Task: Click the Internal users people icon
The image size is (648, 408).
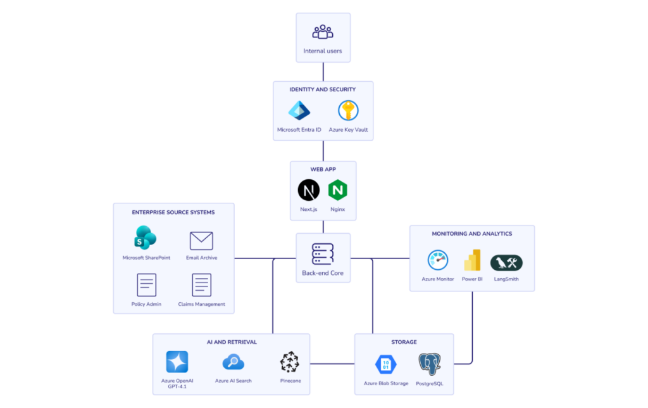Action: tap(323, 32)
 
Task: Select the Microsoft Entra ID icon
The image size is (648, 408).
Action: tap(299, 111)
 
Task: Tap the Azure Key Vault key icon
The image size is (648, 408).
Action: tap(348, 111)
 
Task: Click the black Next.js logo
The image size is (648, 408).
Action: tap(309, 190)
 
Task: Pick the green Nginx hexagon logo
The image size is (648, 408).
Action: tap(338, 190)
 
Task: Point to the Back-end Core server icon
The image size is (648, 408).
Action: tap(323, 253)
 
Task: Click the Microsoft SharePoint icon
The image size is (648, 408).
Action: tap(146, 239)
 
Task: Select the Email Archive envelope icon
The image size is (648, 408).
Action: tap(201, 241)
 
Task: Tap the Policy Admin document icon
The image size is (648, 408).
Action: tap(146, 285)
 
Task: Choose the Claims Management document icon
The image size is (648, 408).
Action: tap(201, 285)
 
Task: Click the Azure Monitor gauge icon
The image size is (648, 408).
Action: tap(438, 260)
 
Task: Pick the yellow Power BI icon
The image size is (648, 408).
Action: tap(472, 260)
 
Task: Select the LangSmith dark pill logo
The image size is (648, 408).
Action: tap(506, 262)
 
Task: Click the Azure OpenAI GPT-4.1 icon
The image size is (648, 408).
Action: tap(177, 362)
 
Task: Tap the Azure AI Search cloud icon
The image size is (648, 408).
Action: tap(233, 362)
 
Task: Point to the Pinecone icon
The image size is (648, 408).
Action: tap(290, 362)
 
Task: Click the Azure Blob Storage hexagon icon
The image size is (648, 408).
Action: tap(386, 364)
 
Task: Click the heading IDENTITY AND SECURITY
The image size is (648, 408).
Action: tap(323, 89)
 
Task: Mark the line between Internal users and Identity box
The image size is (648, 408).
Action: tap(323, 71)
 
